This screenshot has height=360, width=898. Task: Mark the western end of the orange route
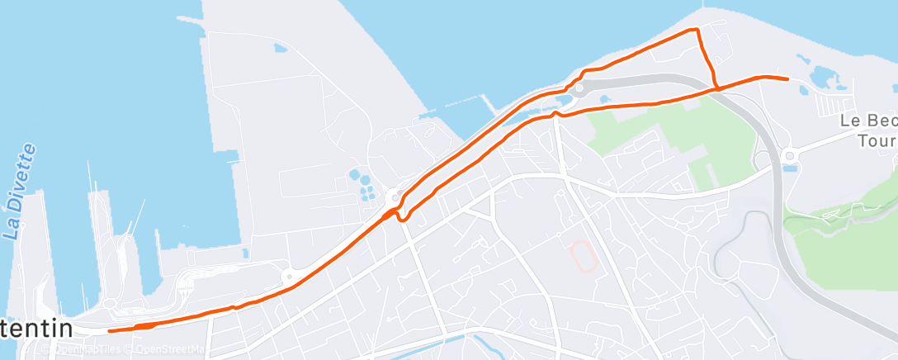pos(111,330)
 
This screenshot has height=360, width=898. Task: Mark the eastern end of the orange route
pos(787,78)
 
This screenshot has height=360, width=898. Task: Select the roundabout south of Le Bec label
pos(789,154)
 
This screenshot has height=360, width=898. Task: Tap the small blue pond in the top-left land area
pos(281,48)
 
